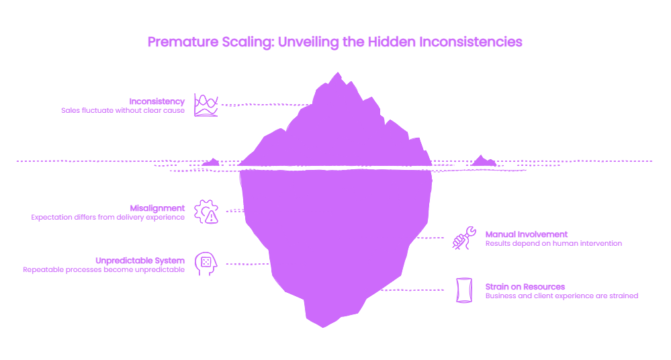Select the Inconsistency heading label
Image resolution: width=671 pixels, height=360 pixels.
(x=157, y=101)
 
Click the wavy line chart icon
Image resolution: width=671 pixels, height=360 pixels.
(x=206, y=105)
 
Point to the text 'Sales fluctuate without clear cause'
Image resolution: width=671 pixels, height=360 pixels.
(x=123, y=110)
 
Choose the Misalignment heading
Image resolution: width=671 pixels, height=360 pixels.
(x=157, y=208)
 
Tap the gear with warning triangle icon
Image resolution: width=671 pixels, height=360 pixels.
(x=206, y=212)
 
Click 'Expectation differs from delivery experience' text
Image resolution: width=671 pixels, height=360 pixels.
(x=108, y=217)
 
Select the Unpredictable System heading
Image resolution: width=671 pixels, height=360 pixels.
(x=140, y=261)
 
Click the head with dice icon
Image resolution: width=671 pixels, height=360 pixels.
(x=206, y=264)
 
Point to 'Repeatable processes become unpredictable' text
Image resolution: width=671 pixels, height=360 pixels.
(x=104, y=270)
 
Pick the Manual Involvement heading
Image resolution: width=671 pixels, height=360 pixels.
(x=527, y=234)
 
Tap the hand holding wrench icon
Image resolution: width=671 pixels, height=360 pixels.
(x=464, y=238)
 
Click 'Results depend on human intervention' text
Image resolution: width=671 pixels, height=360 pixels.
(x=553, y=244)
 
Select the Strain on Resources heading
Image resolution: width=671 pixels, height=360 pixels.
(x=525, y=287)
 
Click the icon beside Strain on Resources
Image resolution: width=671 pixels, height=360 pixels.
(x=464, y=290)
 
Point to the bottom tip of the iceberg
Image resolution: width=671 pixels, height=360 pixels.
(x=323, y=327)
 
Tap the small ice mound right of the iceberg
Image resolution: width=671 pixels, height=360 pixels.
(x=483, y=161)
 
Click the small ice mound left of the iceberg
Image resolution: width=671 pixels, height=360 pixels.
(x=211, y=163)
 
